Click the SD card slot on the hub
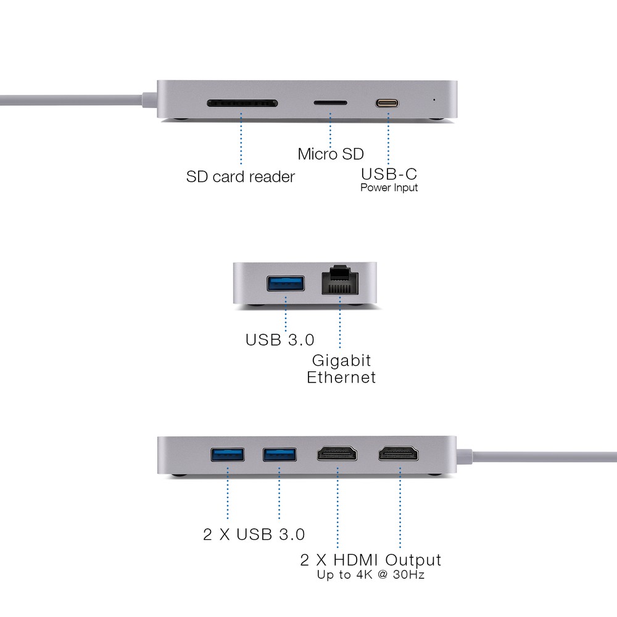click(242, 104)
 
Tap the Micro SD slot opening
click(331, 103)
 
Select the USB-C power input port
click(387, 104)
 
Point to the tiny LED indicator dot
click(434, 100)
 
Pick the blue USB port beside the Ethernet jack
click(286, 283)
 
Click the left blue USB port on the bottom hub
click(228, 455)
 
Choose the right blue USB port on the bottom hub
click(280, 455)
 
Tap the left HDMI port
click(337, 453)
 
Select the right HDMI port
click(399, 453)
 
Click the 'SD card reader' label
click(241, 176)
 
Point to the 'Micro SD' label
click(331, 154)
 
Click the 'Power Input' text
click(389, 188)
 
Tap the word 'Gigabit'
click(342, 361)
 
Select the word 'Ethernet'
click(341, 378)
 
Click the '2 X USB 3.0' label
click(254, 534)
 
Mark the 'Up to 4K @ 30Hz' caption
click(371, 575)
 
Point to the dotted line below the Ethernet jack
click(340, 322)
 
